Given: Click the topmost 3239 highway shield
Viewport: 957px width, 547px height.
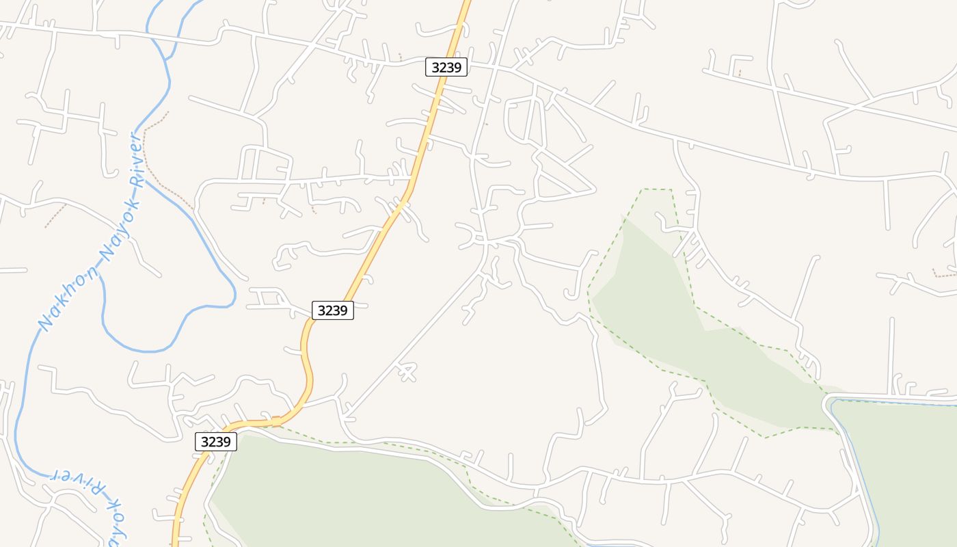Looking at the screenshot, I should click(x=446, y=67).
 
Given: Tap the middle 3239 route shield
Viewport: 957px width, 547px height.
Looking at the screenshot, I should click(x=333, y=310).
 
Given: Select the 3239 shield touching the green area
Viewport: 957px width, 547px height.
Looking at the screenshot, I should click(x=216, y=442).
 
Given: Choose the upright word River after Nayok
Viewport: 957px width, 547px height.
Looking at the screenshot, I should click(x=137, y=159).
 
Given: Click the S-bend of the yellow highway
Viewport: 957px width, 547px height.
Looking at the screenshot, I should click(x=307, y=362).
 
